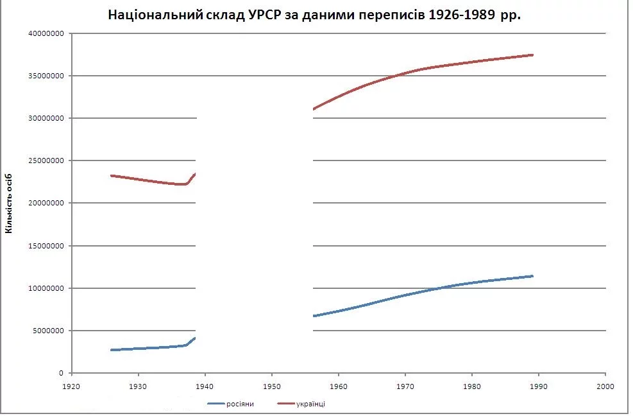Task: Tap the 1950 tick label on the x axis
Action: (x=272, y=386)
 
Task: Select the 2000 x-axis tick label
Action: (x=605, y=386)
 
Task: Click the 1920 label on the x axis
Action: (x=72, y=386)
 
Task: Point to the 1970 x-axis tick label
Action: (x=405, y=386)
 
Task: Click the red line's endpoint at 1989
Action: (x=532, y=55)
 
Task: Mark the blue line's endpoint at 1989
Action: (x=532, y=276)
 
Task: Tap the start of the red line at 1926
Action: (x=112, y=175)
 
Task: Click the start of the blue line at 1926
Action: (x=112, y=350)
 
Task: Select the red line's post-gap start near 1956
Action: (x=314, y=109)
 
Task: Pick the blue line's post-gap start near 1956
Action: (x=314, y=316)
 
